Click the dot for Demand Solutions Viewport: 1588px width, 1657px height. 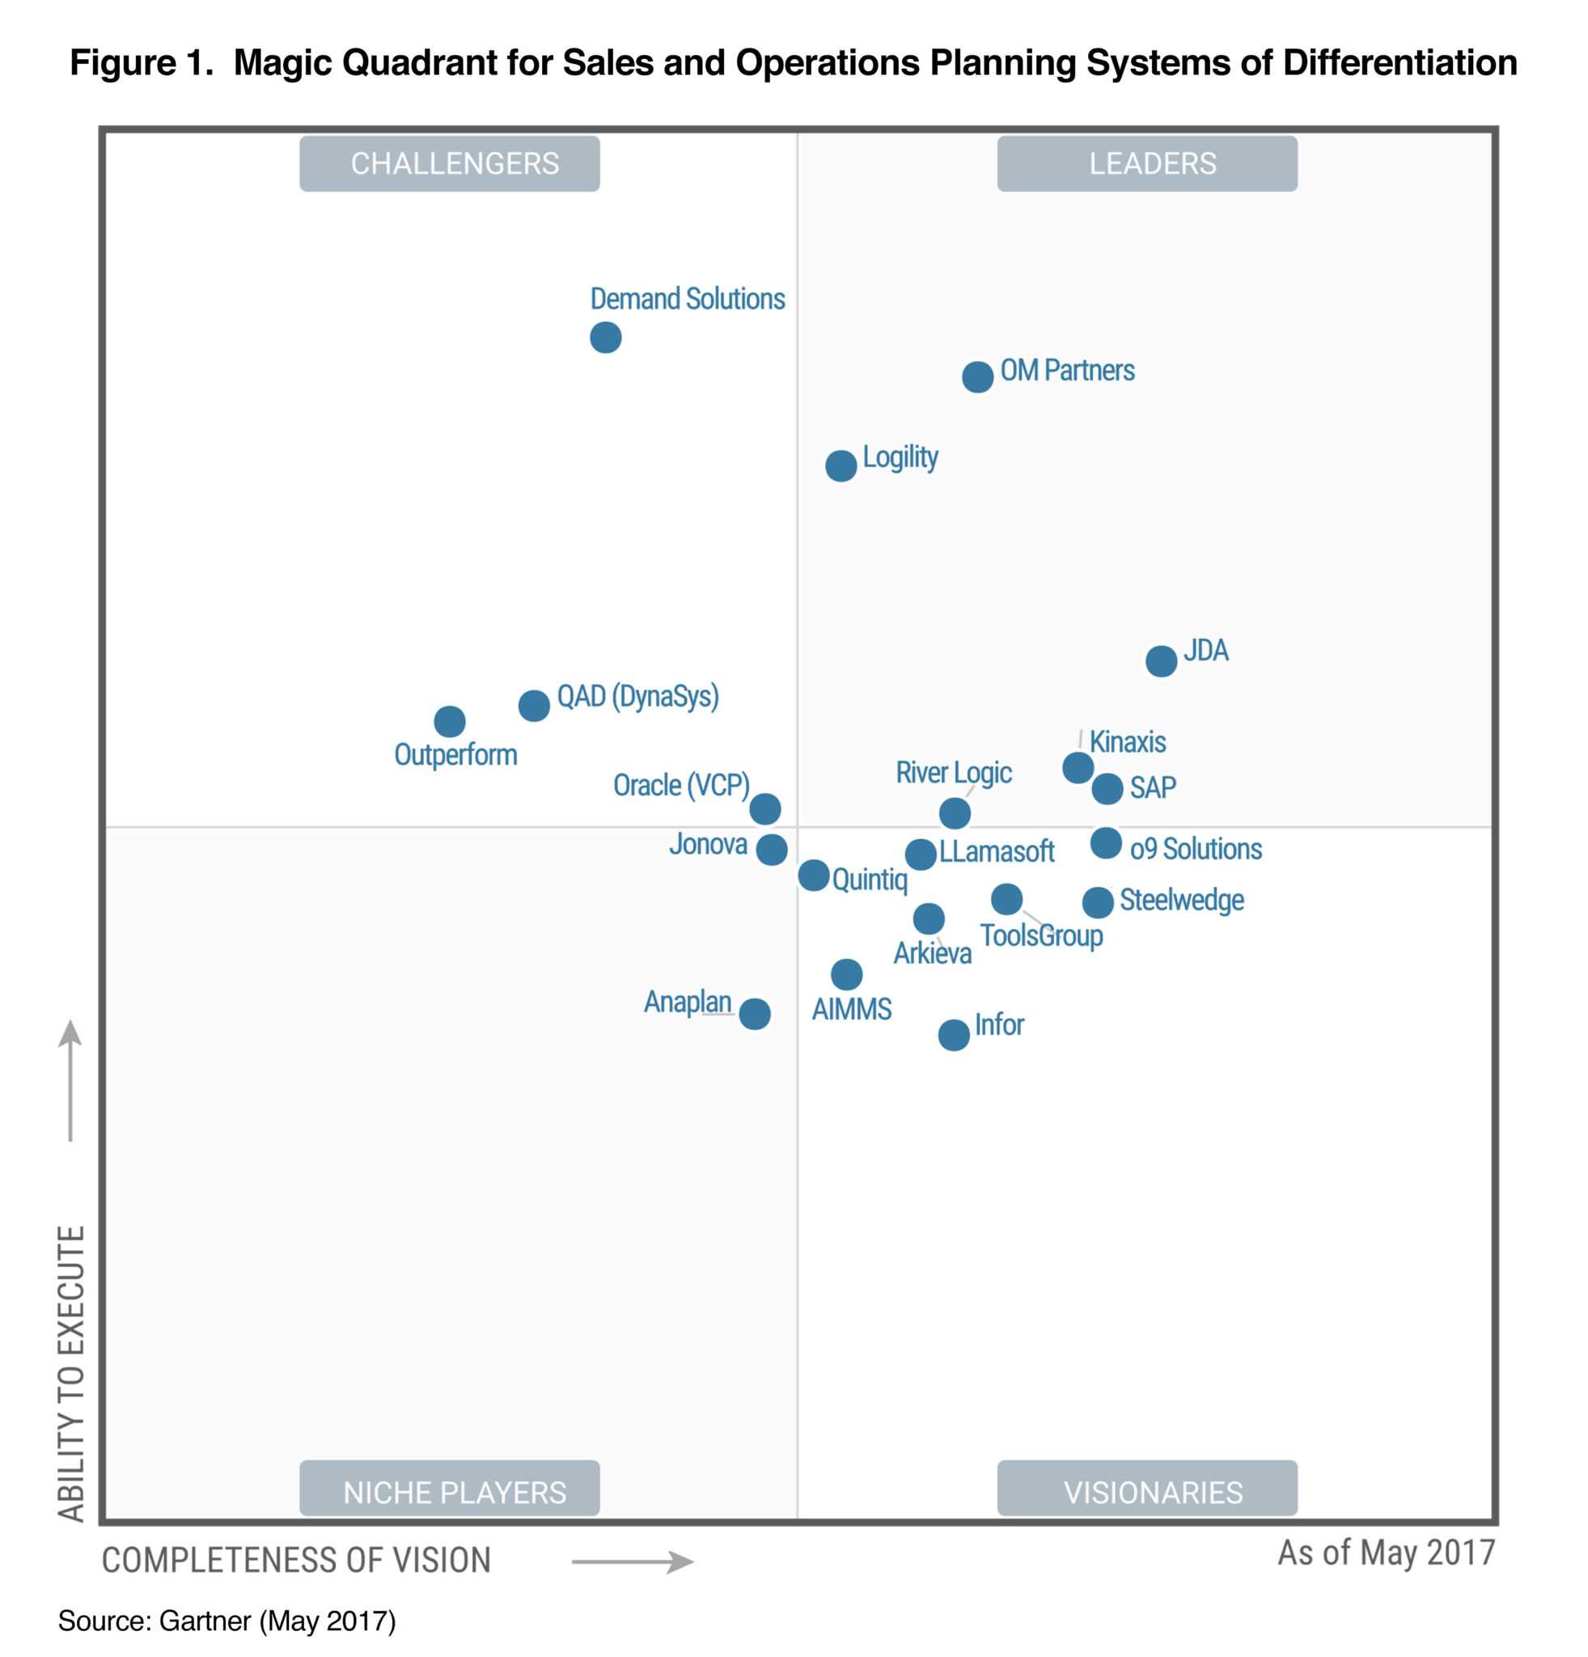point(605,337)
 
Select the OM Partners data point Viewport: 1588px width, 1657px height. point(977,376)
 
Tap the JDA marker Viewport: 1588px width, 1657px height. point(1160,660)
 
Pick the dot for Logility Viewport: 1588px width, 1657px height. point(840,465)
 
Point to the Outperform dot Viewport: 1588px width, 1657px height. point(450,721)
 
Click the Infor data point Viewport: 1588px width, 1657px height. point(953,1034)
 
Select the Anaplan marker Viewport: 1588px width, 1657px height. point(754,1013)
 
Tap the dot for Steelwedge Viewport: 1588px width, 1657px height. point(1097,902)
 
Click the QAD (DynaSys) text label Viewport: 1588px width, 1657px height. point(637,697)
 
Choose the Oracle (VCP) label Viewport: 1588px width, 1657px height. point(680,786)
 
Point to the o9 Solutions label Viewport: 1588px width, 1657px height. point(1195,849)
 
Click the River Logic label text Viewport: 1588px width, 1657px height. point(953,773)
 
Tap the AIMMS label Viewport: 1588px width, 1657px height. point(851,1009)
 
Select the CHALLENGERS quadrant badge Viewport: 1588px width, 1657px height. point(450,163)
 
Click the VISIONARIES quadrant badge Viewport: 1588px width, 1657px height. point(1147,1492)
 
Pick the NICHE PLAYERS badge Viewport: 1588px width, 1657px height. point(450,1492)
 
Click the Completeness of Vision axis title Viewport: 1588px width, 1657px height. point(296,1560)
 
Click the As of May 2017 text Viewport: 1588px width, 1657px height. point(1386,1552)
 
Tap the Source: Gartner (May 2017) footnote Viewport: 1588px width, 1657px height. point(227,1621)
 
